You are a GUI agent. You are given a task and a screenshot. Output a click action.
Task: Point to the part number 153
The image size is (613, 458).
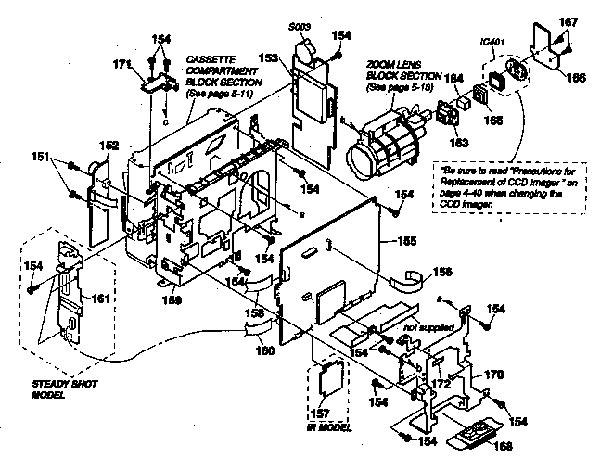(271, 57)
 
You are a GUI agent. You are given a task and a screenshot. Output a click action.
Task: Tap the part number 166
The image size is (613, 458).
(577, 79)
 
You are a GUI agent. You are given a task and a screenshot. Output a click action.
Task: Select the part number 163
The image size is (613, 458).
(457, 142)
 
